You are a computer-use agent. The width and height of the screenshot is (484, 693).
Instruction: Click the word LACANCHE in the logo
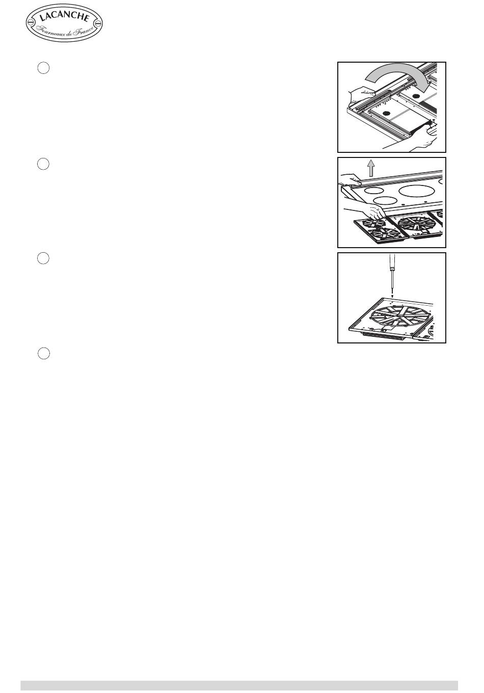(x=64, y=17)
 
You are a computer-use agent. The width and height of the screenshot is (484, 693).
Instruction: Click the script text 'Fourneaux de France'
(x=65, y=31)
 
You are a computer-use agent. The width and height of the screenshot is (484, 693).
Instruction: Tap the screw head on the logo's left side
(x=30, y=22)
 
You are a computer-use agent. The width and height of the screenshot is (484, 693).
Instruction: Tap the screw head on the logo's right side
(x=98, y=23)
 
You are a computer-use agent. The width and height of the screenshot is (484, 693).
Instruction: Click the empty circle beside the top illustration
(x=43, y=68)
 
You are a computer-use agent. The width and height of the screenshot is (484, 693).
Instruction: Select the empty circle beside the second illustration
(x=43, y=164)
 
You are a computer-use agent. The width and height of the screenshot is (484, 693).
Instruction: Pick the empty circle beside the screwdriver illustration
(x=43, y=258)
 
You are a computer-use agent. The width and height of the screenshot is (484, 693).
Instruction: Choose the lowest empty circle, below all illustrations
(x=44, y=353)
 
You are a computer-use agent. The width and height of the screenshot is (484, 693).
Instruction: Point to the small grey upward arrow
(x=370, y=168)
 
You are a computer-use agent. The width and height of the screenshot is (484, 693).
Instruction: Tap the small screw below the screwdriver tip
(x=392, y=296)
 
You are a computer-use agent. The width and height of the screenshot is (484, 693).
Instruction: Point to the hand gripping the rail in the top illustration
(x=362, y=94)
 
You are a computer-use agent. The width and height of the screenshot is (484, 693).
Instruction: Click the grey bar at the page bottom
(x=239, y=685)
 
